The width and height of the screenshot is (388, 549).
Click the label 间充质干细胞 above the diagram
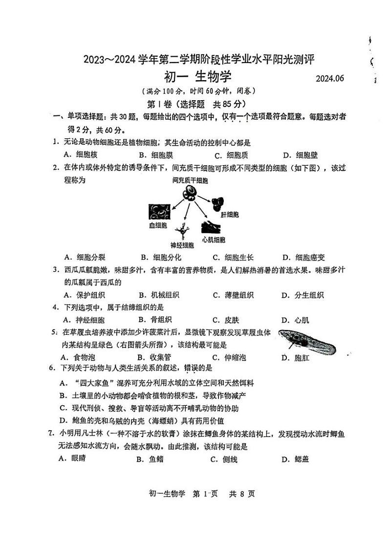[x=190, y=181]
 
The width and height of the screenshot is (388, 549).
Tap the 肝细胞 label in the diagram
[x=229, y=215]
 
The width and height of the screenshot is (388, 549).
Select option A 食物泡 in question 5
[x=81, y=357]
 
